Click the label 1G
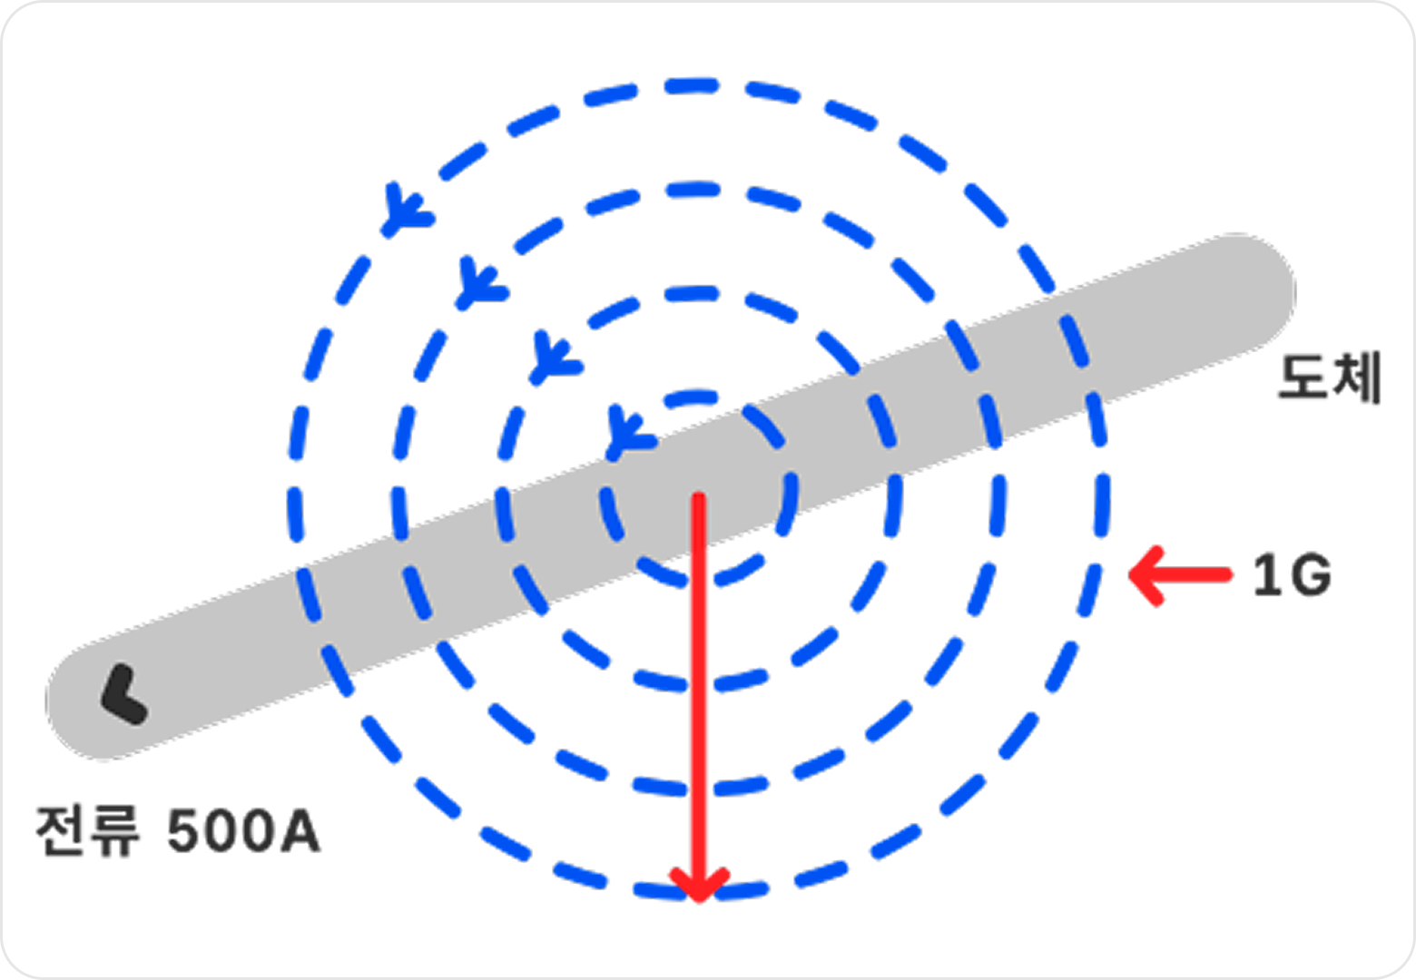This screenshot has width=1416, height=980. (1293, 575)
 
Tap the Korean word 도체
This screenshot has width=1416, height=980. (1330, 377)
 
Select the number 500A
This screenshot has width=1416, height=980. (244, 831)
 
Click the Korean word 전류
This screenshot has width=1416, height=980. (87, 831)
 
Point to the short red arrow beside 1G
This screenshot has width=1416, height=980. (1180, 575)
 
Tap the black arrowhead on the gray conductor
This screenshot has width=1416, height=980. (124, 694)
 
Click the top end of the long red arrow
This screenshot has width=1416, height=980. (699, 496)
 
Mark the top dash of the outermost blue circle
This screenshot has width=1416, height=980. (692, 86)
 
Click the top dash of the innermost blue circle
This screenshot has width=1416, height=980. (692, 397)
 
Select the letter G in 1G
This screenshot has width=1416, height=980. (1310, 575)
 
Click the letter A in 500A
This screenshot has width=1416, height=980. (301, 831)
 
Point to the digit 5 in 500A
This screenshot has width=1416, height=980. (186, 831)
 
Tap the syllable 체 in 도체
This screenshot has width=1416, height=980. (1357, 377)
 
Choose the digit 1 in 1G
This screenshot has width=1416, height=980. (1265, 575)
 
